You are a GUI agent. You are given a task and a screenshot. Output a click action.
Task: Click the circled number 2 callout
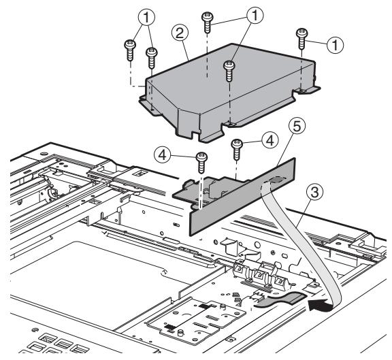[180, 33]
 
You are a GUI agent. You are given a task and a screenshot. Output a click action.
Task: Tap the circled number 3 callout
[314, 193]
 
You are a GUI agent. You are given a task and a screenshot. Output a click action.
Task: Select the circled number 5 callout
[297, 127]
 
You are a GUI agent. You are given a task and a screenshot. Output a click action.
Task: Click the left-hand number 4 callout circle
[162, 155]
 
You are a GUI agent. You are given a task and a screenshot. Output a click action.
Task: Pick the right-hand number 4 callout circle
[270, 141]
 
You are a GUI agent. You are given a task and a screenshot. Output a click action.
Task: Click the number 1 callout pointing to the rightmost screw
[335, 45]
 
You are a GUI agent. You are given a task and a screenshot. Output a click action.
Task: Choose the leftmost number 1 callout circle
[146, 18]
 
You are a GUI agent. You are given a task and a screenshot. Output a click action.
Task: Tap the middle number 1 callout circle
[255, 16]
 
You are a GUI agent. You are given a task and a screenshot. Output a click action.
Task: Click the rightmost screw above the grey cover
[301, 39]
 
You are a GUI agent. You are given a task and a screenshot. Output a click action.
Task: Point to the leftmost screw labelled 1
[130, 50]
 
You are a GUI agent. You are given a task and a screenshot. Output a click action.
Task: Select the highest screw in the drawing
[208, 22]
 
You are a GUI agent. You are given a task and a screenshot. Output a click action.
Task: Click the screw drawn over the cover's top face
[229, 71]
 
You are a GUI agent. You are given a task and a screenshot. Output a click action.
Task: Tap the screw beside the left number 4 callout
[201, 163]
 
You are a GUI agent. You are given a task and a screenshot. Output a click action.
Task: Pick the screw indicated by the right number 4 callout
[237, 150]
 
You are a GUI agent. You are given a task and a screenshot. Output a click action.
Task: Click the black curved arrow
[320, 306]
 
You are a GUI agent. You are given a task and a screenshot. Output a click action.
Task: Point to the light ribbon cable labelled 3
[302, 238]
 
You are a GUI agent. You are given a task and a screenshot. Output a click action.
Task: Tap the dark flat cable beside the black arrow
[280, 299]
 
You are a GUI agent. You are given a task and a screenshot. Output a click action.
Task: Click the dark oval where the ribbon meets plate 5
[276, 179]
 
